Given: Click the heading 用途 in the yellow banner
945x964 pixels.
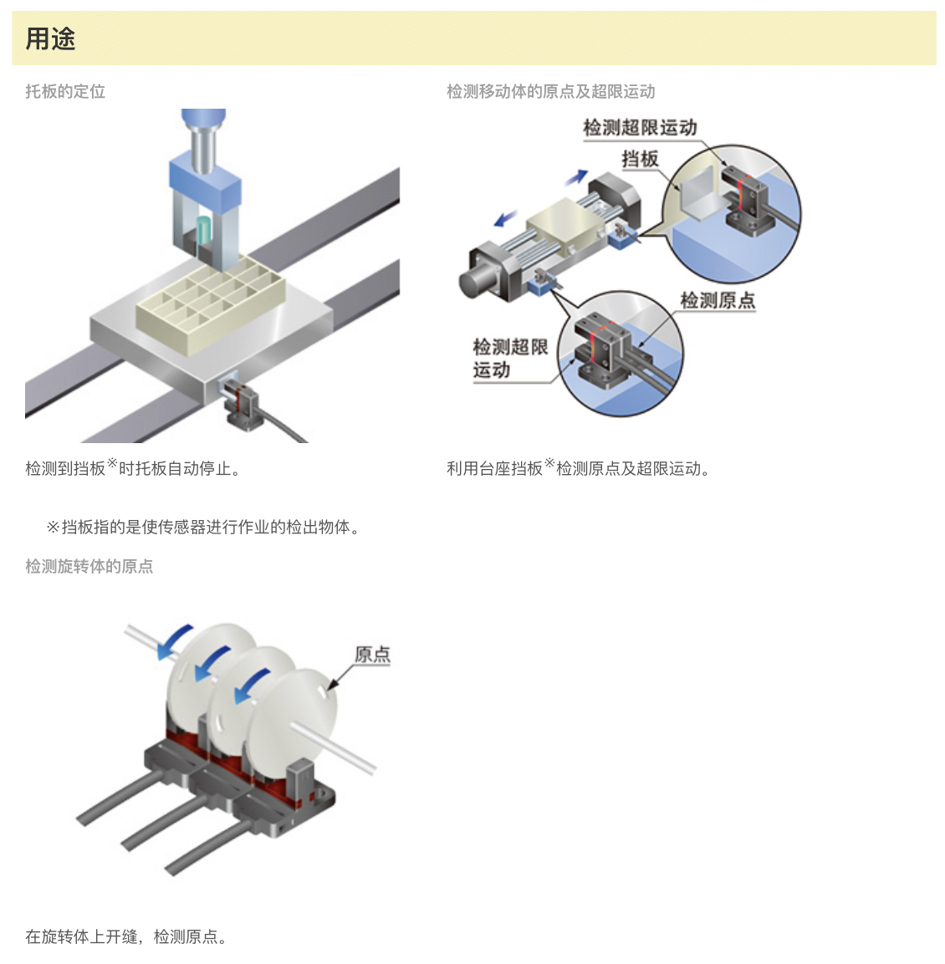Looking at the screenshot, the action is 50,38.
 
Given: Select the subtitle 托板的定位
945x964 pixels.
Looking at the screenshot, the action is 65,92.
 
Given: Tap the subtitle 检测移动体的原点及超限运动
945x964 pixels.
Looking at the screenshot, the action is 550,92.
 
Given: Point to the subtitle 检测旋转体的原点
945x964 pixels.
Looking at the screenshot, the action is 89,566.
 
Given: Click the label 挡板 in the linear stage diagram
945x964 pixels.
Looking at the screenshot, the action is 640,159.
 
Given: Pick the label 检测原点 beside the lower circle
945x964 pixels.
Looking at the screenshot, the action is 718,300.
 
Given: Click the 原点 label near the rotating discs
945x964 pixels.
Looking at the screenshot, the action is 373,654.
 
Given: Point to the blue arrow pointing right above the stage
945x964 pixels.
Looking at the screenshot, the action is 577,177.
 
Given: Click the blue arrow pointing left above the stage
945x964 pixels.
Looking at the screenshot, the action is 506,218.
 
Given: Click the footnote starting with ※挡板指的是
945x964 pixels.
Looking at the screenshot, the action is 203,527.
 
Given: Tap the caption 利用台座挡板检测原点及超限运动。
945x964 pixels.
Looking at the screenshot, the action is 579,467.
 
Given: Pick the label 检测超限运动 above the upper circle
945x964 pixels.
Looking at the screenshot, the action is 640,127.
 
